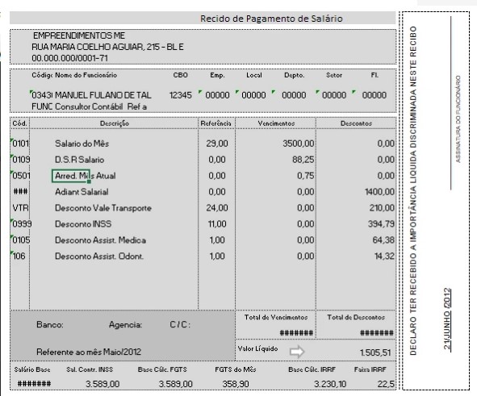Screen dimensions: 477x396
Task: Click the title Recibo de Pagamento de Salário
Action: tap(271, 19)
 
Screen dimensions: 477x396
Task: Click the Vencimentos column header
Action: tap(275, 123)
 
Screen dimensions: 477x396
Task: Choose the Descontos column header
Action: tap(356, 123)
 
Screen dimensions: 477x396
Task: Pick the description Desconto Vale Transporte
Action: tap(103, 208)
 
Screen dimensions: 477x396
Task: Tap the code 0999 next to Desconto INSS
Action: tap(22, 224)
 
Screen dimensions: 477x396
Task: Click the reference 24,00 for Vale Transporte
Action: tap(216, 208)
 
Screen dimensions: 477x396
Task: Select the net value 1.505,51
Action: tap(374, 352)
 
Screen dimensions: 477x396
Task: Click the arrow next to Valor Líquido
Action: tap(297, 351)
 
